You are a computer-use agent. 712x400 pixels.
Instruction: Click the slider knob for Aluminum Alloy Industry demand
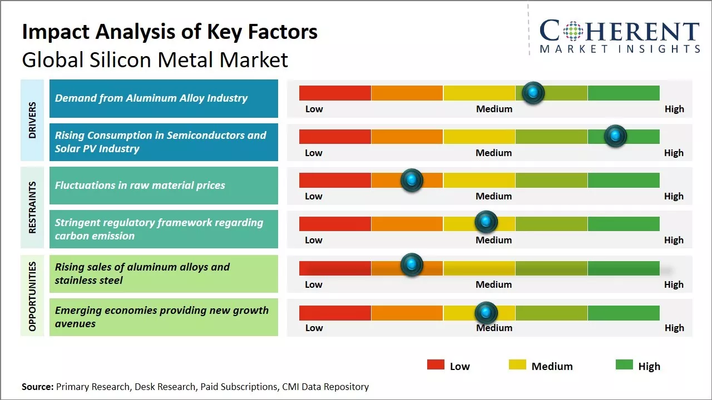tap(533, 93)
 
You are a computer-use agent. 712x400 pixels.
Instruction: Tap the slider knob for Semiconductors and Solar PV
tap(615, 136)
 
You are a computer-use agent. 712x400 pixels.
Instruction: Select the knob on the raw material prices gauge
tap(412, 180)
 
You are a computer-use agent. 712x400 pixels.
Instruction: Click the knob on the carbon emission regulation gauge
tap(486, 222)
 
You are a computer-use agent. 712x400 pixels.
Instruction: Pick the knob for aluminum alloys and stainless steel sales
tap(412, 265)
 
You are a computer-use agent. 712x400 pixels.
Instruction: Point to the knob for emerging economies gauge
tap(486, 313)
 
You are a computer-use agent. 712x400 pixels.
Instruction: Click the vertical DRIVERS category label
tap(32, 120)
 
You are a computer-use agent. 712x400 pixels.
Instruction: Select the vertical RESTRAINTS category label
tap(32, 207)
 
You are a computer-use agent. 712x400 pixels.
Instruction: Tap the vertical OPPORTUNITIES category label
tap(32, 296)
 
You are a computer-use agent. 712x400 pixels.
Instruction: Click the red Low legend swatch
tap(436, 364)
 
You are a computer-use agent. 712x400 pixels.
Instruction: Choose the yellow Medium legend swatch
tap(517, 364)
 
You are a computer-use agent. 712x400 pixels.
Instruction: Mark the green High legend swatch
tap(624, 364)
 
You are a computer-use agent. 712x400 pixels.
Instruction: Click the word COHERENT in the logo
tap(619, 32)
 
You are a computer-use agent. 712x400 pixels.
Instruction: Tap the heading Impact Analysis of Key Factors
tap(170, 32)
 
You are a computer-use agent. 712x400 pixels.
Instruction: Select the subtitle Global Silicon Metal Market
tap(155, 59)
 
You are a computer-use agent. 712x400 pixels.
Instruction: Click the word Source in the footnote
tap(37, 387)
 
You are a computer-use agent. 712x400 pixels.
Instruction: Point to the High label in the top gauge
tap(674, 109)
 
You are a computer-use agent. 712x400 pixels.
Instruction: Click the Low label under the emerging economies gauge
tap(314, 328)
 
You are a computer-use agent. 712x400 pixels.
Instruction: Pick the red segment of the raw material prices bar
tap(335, 180)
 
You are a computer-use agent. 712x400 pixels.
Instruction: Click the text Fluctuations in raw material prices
tap(140, 186)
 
